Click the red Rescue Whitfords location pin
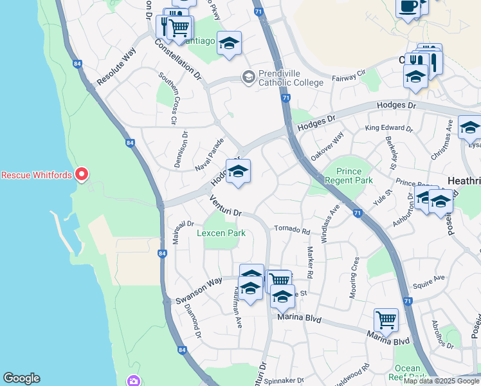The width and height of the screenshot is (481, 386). (x=82, y=174)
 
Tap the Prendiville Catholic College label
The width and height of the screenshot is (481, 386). (x=291, y=78)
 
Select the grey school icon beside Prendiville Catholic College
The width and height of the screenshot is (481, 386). (x=248, y=77)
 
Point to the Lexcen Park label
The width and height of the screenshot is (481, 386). (x=221, y=233)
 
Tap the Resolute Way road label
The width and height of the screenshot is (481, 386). (x=116, y=67)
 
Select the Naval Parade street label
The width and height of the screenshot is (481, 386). (x=210, y=154)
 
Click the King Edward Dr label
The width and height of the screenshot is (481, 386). (x=389, y=128)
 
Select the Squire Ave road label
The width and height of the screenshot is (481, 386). (x=429, y=279)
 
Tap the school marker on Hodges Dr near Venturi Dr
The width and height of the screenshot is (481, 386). (x=238, y=172)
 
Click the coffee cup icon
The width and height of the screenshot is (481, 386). (x=408, y=6)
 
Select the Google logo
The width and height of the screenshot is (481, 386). (x=21, y=378)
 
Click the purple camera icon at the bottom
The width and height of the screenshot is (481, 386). (x=133, y=381)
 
